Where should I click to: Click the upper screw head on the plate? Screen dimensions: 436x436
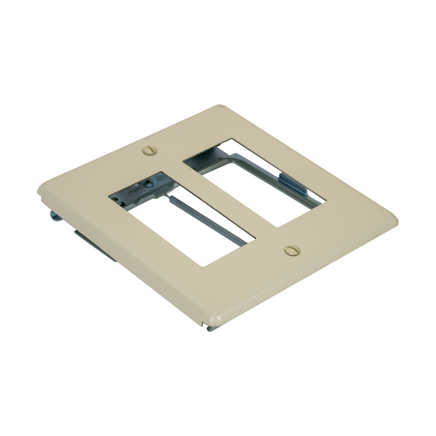tap(149, 150)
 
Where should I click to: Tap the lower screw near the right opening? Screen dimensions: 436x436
tap(292, 250)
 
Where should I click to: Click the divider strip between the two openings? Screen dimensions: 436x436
tap(221, 196)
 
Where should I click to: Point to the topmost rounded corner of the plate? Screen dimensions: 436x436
tap(220, 106)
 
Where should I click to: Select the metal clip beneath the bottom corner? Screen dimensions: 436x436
tap(210, 328)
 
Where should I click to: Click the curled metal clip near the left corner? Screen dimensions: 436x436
tap(54, 215)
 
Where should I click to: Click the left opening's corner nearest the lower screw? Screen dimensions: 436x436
tap(254, 239)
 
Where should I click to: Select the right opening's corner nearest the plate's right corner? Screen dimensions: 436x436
tap(325, 200)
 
